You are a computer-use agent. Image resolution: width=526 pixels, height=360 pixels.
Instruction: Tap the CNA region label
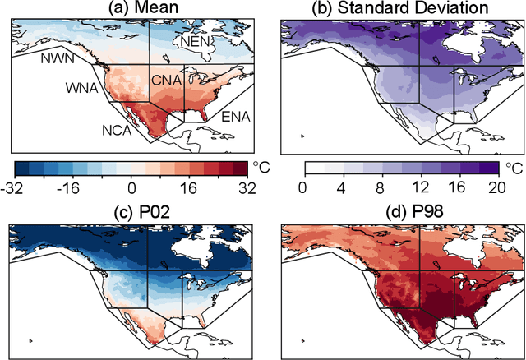click(167, 81)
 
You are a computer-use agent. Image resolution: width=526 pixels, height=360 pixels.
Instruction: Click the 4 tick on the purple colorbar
click(341, 188)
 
